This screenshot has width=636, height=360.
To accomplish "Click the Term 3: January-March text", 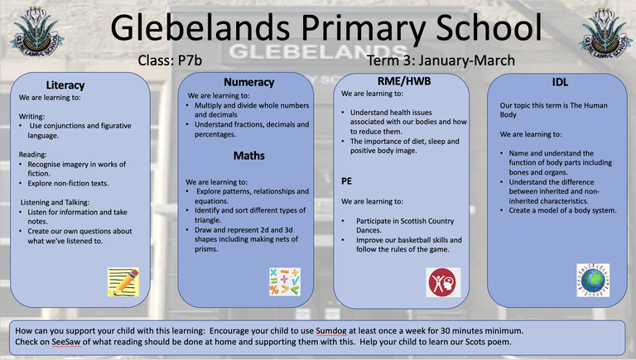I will (x=441, y=60).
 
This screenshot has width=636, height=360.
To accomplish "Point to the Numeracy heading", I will (x=248, y=82).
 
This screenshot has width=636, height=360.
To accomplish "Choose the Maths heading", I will (x=248, y=155).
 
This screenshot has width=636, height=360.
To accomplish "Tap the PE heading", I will (x=348, y=179).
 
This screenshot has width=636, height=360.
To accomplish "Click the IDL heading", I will (x=560, y=82).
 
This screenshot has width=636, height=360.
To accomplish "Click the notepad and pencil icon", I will (x=123, y=282).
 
